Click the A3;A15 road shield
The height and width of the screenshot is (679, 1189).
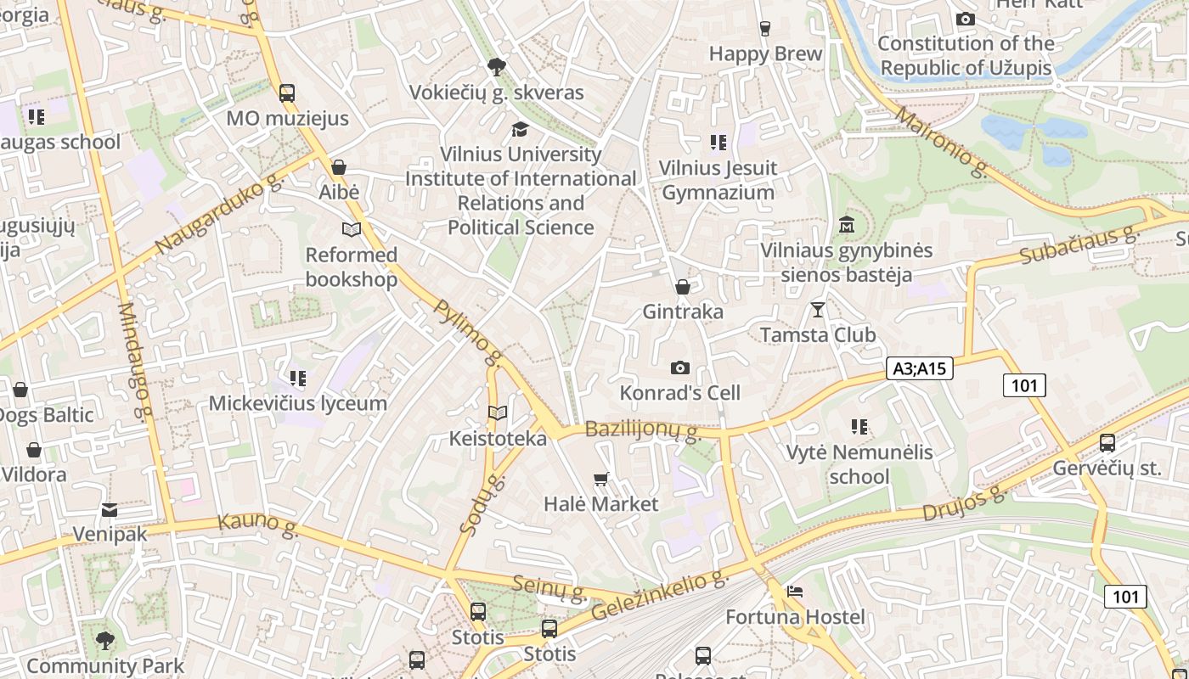(920, 368)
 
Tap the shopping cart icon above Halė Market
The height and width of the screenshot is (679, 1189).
(601, 479)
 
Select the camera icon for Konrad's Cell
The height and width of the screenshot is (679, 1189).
(679, 368)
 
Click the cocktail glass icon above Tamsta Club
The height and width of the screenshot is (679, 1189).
(817, 310)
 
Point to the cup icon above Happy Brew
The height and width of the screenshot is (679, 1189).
(764, 29)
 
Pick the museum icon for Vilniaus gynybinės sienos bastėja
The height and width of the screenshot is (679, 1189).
(846, 226)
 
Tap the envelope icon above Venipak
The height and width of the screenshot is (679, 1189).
(110, 509)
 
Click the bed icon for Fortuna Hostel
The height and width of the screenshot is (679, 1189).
(795, 592)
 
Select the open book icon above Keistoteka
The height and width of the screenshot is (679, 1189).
(498, 413)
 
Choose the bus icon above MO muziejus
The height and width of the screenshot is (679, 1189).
(287, 93)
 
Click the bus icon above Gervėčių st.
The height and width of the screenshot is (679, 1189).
(1107, 443)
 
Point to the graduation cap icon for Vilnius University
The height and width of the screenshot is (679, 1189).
(520, 129)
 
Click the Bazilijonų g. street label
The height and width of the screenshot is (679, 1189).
(643, 430)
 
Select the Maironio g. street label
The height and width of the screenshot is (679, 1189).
(941, 143)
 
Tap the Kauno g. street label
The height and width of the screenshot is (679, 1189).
(258, 525)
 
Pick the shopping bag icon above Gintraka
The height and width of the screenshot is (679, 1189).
(682, 287)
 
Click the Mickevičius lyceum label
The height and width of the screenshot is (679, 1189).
(298, 403)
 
